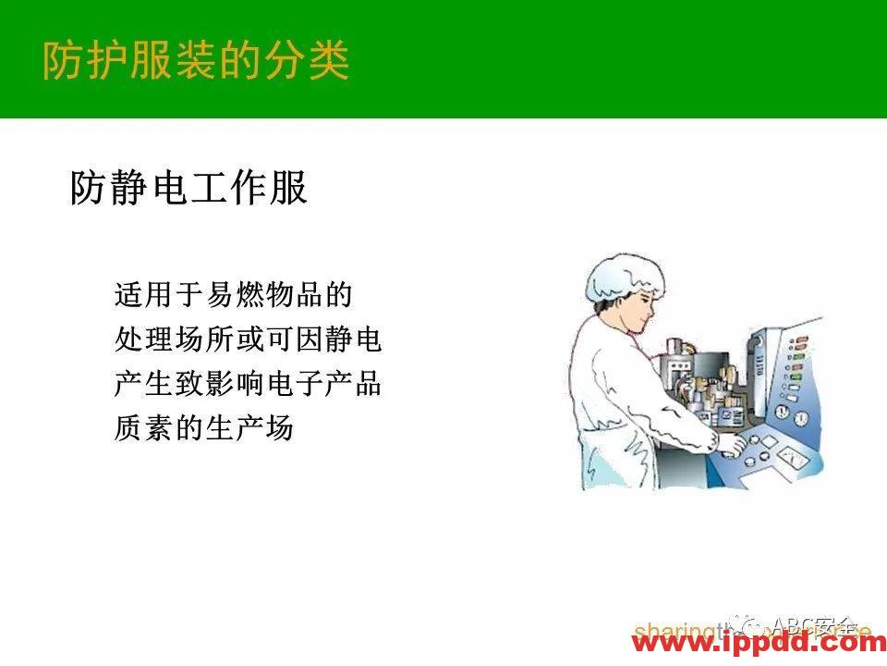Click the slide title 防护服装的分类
pyautogui.click(x=196, y=60)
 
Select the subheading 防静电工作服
pyautogui.click(x=188, y=188)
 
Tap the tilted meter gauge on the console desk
pyautogui.click(x=790, y=454)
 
